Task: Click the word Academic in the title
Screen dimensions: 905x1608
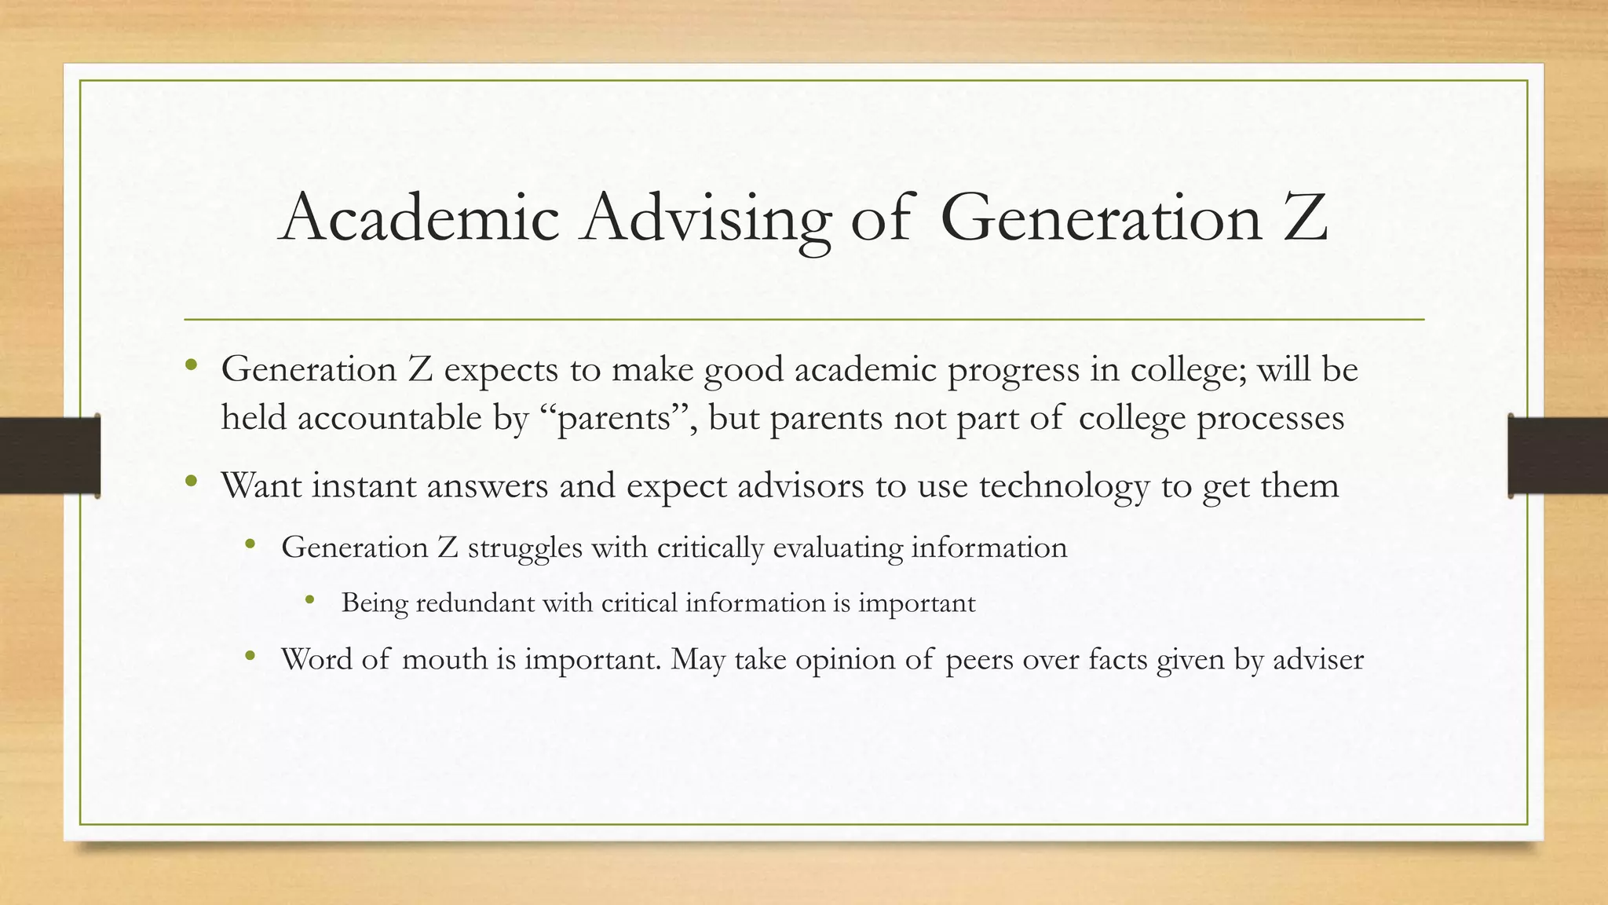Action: (420, 218)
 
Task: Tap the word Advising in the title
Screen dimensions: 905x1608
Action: (705, 218)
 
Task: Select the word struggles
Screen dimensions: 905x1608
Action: (524, 548)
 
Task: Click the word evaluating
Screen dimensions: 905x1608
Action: (838, 548)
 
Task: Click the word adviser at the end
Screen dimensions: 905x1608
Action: (1318, 658)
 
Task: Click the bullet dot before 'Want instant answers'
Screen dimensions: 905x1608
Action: (191, 482)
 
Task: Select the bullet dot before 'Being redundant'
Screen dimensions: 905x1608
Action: (310, 601)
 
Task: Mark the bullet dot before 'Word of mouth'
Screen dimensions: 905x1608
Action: (250, 656)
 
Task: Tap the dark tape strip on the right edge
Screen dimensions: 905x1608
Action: (1558, 456)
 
